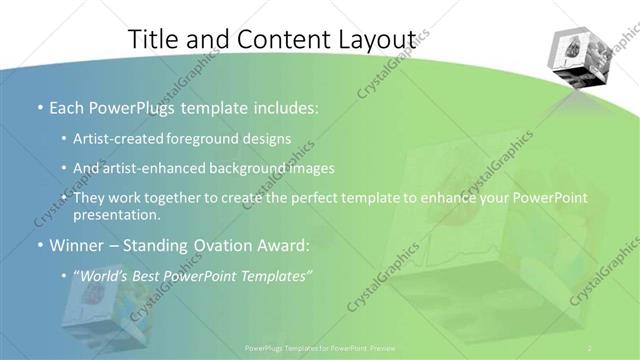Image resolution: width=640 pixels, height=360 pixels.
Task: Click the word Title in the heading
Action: pyautogui.click(x=157, y=38)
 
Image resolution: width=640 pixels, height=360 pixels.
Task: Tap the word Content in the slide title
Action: pyautogui.click(x=282, y=38)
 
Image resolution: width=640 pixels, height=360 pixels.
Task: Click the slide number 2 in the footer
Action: pyautogui.click(x=591, y=348)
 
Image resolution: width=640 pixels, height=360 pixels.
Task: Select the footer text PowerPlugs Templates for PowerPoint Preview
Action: pyautogui.click(x=319, y=348)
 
